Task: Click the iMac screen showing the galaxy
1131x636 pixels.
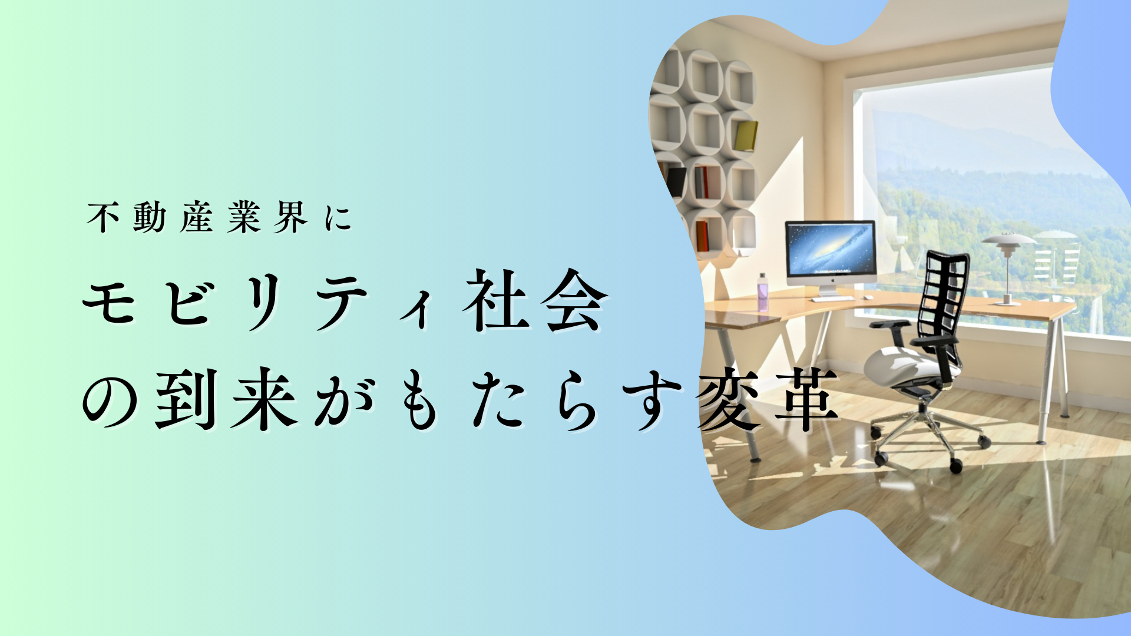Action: [830, 249]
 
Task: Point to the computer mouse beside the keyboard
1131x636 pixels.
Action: [867, 298]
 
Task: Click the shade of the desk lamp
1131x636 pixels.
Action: [1009, 239]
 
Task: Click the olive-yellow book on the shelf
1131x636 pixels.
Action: [746, 136]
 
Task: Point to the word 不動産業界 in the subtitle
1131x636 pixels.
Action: [197, 217]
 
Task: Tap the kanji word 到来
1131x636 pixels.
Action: [227, 399]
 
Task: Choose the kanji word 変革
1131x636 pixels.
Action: [768, 399]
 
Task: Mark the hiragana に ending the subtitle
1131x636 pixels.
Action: [338, 218]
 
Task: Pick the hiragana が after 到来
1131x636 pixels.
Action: [345, 399]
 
